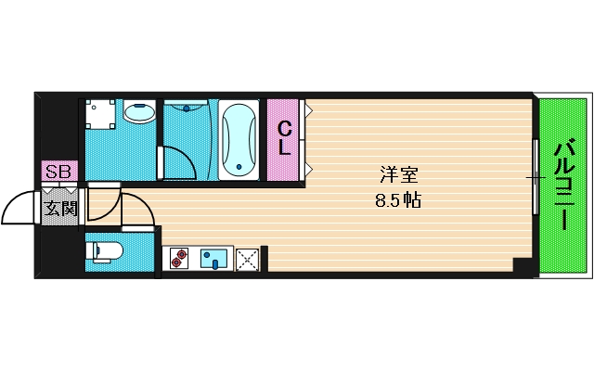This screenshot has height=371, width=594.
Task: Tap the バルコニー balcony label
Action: [x=563, y=185]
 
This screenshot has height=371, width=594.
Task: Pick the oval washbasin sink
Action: [x=140, y=114]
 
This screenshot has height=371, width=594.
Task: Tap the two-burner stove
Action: [x=177, y=258]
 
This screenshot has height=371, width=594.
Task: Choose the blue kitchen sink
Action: [x=214, y=258]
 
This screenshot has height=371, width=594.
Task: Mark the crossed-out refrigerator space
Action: [x=247, y=259]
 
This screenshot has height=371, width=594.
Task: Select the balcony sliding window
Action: [x=535, y=176]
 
